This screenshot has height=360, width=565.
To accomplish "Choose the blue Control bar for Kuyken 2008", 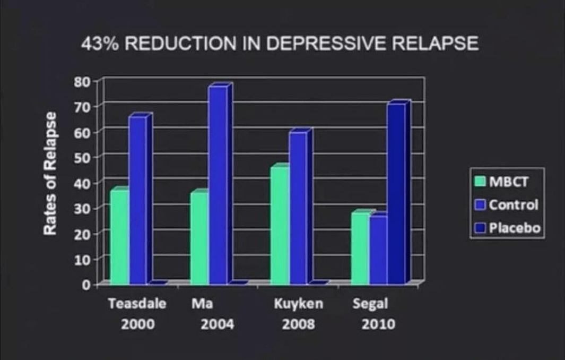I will (x=298, y=207).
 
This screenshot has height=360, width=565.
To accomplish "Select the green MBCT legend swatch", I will (x=480, y=181).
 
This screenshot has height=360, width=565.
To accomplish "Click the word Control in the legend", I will (x=513, y=204).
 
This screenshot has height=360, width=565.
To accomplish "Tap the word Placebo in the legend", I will (x=514, y=228).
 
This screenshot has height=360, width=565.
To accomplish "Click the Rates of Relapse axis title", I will (x=50, y=173).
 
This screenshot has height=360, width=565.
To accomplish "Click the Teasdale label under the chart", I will (x=137, y=304).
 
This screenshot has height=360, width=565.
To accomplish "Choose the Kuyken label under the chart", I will (x=298, y=304).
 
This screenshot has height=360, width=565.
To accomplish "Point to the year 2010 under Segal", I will (x=378, y=324).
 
